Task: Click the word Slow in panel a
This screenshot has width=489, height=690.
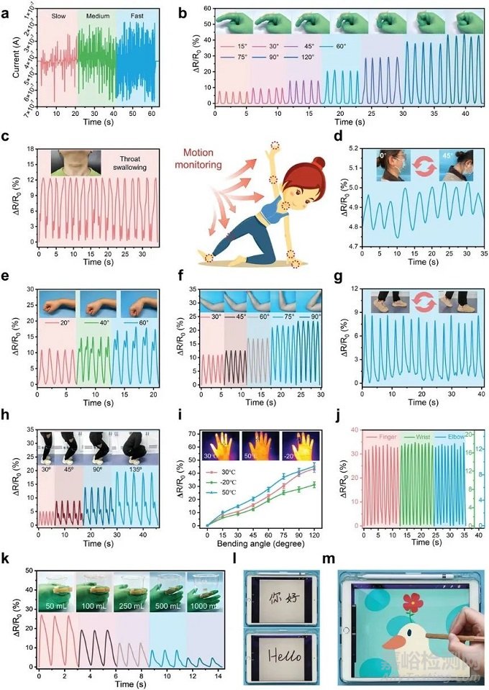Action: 58,14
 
